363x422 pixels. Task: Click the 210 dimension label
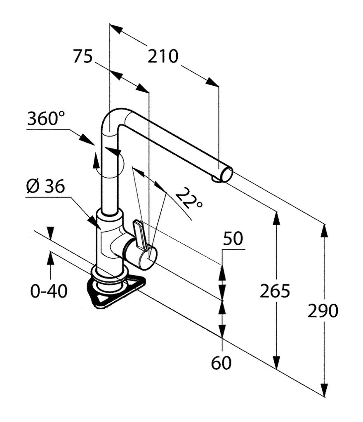[163, 56]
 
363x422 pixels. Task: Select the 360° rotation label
[46, 119]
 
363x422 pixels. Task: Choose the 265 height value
[275, 291]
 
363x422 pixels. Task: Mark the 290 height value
[323, 311]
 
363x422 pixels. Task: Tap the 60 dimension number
[222, 363]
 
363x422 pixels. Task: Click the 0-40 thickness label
[49, 292]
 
